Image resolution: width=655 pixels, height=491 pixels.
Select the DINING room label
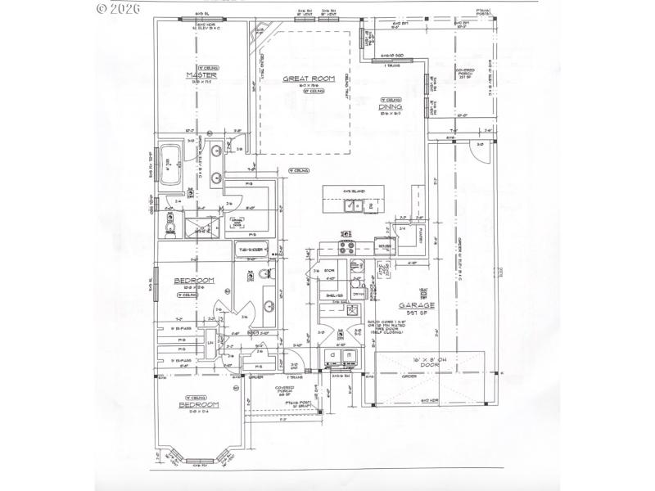pyautogui.click(x=390, y=107)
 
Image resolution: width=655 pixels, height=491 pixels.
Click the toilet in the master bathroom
pyautogui.click(x=172, y=222)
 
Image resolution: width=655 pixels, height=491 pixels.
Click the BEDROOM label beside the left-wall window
pyautogui.click(x=195, y=281)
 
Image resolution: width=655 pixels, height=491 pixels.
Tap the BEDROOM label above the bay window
pyautogui.click(x=200, y=405)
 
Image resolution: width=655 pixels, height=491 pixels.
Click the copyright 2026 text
pyautogui.click(x=119, y=9)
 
